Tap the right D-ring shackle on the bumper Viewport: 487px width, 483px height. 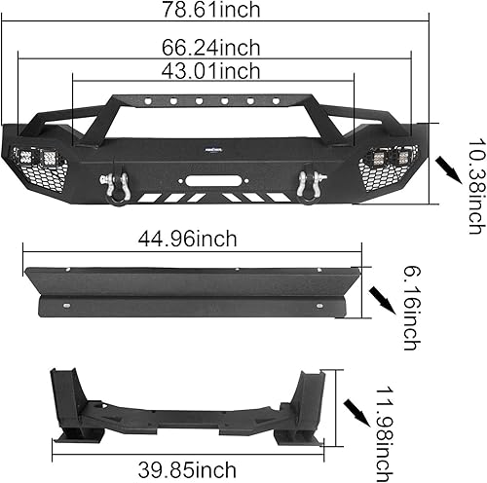tap(314, 185)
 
